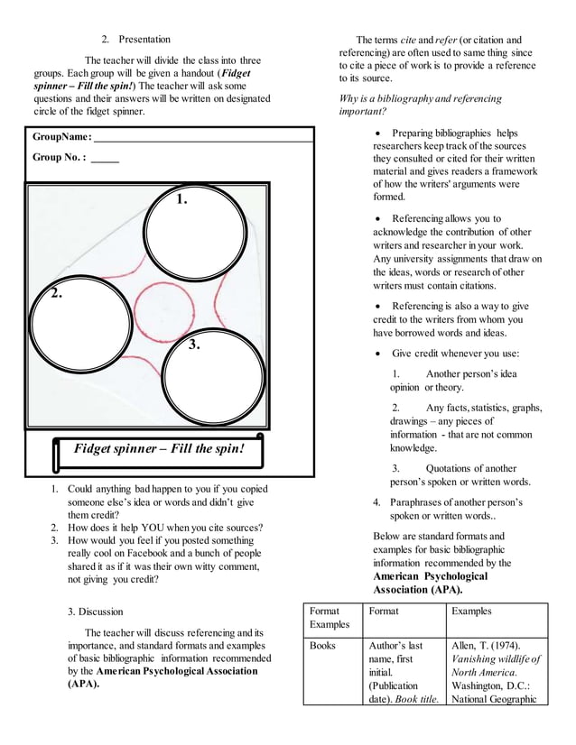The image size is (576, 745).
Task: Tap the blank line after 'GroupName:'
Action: pos(203,140)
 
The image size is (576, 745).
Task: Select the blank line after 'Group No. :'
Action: pos(105,159)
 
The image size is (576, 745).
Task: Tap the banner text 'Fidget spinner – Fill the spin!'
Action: pos(159,448)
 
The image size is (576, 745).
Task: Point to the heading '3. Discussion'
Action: pos(101,612)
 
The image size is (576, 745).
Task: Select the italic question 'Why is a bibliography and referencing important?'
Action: pos(420,106)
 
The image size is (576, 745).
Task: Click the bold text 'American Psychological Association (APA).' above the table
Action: pos(431,583)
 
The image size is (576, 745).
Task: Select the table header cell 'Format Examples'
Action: pos(329,618)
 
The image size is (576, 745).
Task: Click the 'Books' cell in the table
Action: pos(322,647)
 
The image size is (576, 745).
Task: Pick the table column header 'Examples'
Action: pos(472,612)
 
